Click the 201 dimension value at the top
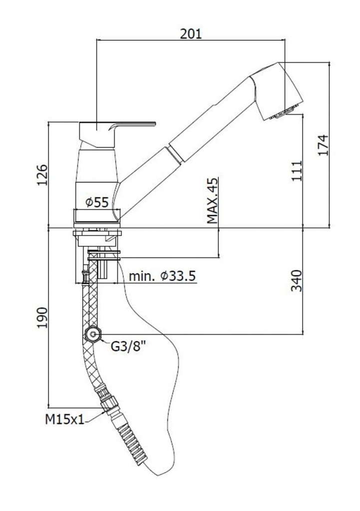[x=190, y=33]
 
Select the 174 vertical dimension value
[x=324, y=145]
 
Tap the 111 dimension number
[x=297, y=170]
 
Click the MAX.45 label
[x=213, y=200]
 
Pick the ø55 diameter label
[x=96, y=202]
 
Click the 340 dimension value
[x=297, y=281]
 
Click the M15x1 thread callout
[x=64, y=420]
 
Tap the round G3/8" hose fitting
[x=92, y=334]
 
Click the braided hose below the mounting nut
[x=90, y=304]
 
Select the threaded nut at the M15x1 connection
[x=106, y=402]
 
